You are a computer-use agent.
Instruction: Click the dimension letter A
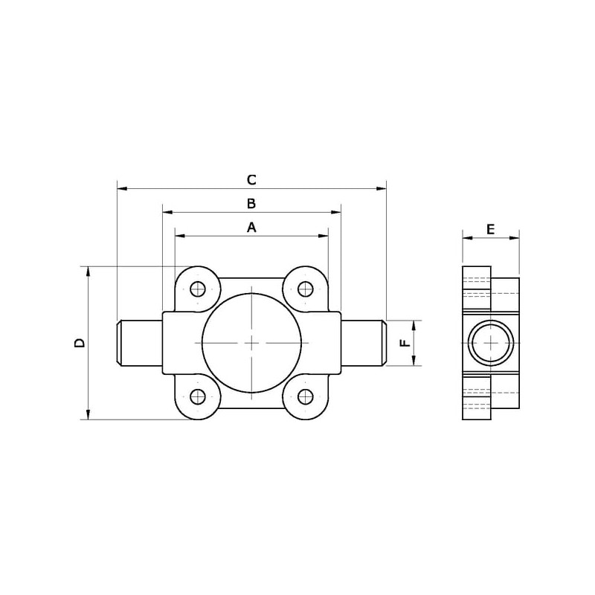(251, 228)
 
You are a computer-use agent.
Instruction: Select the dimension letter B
(251, 204)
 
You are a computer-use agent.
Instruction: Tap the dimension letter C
(251, 180)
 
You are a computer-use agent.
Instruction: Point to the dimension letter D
(80, 343)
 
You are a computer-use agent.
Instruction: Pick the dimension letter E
(491, 230)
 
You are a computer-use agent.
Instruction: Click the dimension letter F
(405, 343)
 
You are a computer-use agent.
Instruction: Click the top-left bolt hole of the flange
(198, 289)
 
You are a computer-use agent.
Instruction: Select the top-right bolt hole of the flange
(306, 289)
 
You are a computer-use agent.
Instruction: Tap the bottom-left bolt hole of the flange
(198, 397)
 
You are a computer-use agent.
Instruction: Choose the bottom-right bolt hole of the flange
(306, 397)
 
